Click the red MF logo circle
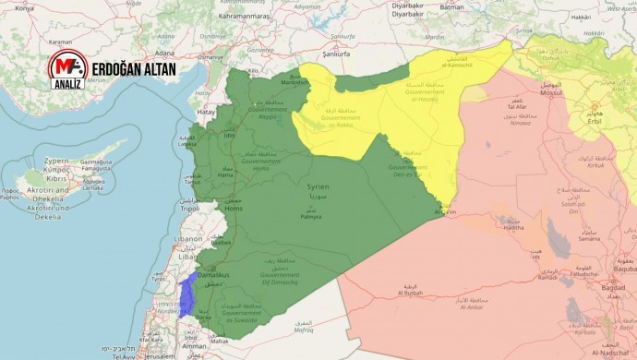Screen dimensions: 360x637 (x=67, y=70)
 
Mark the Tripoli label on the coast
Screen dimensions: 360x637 (x=188, y=209)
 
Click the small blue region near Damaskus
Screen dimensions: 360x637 (x=187, y=295)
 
